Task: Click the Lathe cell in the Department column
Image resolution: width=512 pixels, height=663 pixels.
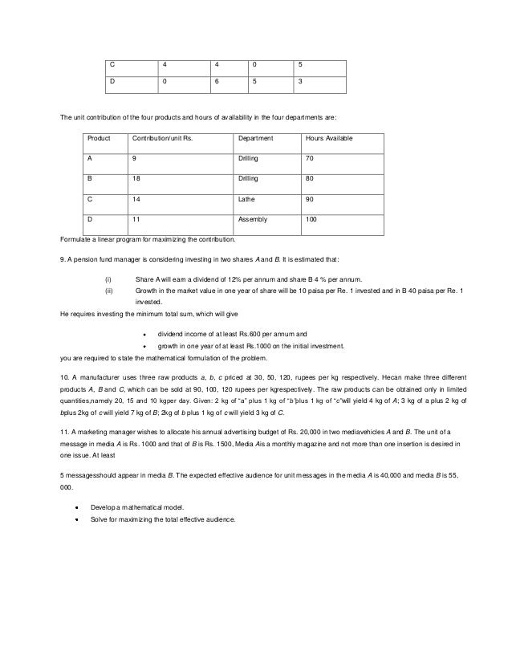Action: coord(246,197)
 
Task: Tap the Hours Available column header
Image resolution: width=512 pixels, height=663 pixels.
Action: coord(329,139)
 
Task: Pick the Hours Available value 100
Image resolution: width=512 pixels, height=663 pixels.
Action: coord(311,218)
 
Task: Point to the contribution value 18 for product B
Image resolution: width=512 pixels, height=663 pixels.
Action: coord(136,178)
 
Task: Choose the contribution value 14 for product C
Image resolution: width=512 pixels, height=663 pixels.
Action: coord(136,197)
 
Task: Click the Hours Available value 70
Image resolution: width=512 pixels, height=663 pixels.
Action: coord(310,159)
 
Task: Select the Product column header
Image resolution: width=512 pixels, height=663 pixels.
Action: coord(99,139)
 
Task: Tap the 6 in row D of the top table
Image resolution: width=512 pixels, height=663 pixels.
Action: coord(215,80)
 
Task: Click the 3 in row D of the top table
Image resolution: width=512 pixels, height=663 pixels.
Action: coord(299,80)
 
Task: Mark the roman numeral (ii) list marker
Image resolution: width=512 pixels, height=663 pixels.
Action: coord(109,288)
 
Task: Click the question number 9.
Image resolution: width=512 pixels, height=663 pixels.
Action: coord(63,259)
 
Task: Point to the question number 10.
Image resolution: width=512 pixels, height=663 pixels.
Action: coord(65,376)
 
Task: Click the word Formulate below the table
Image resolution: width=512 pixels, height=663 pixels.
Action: coord(77,239)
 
